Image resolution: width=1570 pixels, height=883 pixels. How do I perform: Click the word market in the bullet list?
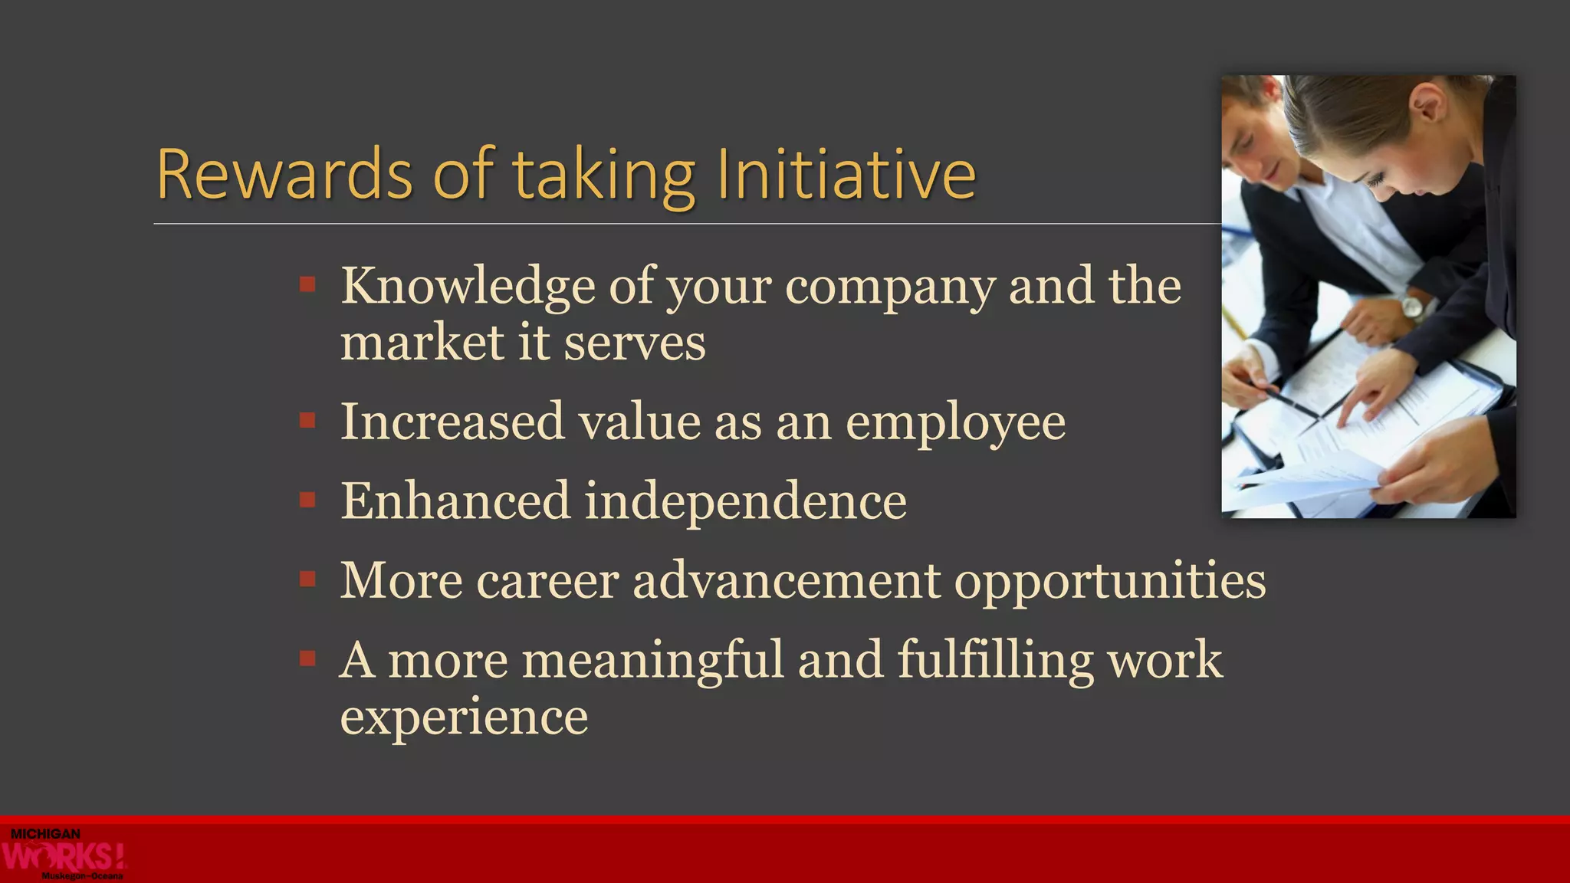click(x=422, y=343)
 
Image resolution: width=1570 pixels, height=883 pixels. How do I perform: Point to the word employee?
click(x=955, y=423)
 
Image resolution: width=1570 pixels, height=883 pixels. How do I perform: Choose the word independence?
click(x=745, y=501)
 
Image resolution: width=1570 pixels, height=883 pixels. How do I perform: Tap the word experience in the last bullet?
click(x=464, y=717)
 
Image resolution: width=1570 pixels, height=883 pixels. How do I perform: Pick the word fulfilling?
click(x=995, y=660)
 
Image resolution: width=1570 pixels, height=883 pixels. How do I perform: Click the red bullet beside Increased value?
click(x=308, y=421)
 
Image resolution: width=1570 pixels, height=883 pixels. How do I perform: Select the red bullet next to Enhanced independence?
click(x=308, y=501)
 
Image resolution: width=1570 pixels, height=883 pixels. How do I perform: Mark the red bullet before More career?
click(x=308, y=579)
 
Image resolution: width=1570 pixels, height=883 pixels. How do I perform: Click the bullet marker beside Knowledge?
click(x=308, y=285)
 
